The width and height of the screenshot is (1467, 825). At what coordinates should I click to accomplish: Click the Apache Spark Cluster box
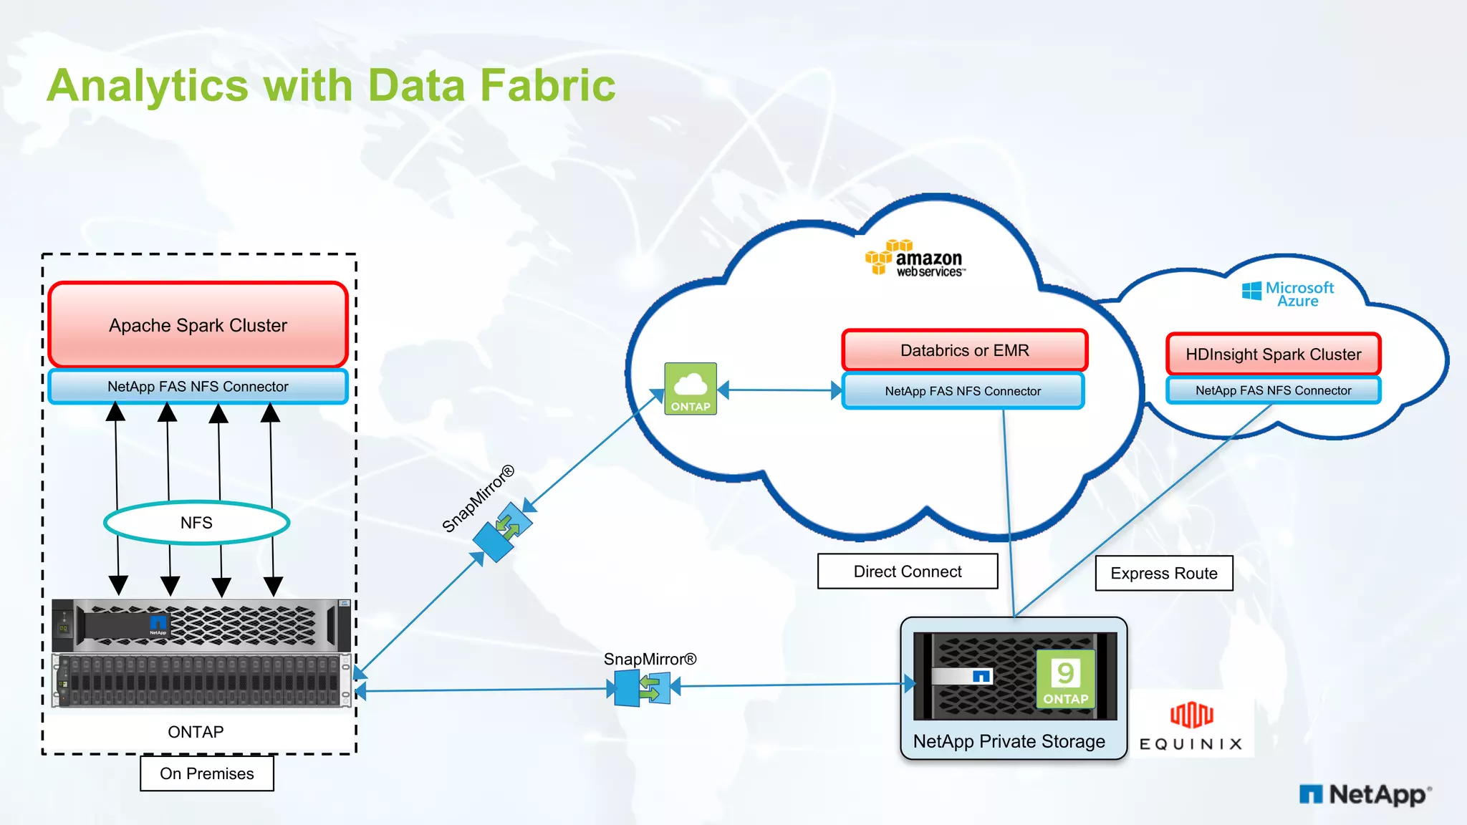(198, 325)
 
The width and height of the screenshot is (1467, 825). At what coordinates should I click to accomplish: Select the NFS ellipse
(196, 523)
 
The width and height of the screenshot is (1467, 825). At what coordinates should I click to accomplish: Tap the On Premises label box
(206, 773)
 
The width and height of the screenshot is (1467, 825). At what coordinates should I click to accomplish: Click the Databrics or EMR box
(964, 350)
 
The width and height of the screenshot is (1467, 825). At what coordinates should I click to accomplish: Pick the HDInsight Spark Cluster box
(1273, 354)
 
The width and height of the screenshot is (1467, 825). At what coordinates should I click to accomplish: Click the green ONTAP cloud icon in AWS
(691, 388)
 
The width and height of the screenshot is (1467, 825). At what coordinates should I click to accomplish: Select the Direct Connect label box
(907, 571)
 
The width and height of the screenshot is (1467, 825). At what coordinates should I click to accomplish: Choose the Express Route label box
(1163, 573)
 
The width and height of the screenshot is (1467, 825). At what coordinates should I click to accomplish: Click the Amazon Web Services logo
(915, 259)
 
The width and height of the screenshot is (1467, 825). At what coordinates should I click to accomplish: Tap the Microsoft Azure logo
(1288, 294)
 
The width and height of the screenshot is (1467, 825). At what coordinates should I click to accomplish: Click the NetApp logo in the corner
(1365, 794)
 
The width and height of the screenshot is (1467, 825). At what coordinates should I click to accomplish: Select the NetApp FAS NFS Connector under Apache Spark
(198, 387)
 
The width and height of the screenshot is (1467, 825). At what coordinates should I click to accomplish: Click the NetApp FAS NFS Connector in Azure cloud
(1273, 390)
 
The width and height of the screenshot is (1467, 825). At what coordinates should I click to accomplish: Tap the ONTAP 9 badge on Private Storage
(1065, 679)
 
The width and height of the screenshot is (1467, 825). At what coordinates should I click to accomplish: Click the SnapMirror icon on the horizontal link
(643, 688)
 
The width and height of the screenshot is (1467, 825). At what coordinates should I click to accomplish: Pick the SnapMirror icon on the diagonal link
(503, 531)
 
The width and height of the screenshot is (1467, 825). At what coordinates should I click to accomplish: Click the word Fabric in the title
(547, 85)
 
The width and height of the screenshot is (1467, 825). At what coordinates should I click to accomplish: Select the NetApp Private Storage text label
(1009, 741)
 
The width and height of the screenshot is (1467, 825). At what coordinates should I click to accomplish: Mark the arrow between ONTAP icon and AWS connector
(779, 390)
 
